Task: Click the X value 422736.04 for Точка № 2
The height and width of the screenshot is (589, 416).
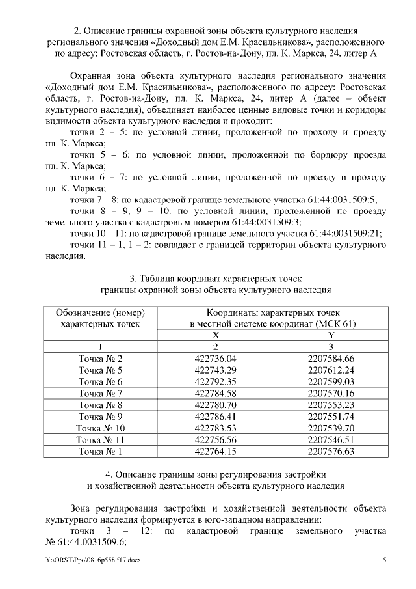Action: [216, 359]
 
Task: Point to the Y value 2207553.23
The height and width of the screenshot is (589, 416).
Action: [331, 405]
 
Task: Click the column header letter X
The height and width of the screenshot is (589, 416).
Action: [216, 335]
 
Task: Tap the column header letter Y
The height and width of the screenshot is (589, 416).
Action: [331, 335]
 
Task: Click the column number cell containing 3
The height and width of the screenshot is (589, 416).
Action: [331, 347]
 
